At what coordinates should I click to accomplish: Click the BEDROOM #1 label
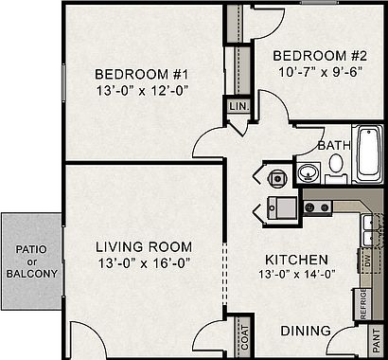tap(141, 75)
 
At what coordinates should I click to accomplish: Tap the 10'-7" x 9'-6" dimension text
tap(320, 72)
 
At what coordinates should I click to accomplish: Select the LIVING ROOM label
tap(144, 247)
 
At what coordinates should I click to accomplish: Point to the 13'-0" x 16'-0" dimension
tap(144, 263)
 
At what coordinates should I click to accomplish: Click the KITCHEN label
tap(296, 260)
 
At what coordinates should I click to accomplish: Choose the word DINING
tap(306, 331)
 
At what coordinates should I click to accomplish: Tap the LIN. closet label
tap(239, 106)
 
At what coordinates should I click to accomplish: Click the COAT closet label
tap(245, 337)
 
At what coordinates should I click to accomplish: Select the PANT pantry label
tap(377, 341)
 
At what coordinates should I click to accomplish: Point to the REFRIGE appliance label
tap(363, 304)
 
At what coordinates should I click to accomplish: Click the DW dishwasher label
tap(367, 261)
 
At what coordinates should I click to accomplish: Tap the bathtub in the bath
tap(368, 153)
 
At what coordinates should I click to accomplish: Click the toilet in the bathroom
tap(336, 168)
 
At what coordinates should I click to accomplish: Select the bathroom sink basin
tap(308, 173)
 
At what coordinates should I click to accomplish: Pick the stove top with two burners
tap(317, 207)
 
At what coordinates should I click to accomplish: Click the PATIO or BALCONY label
tap(32, 261)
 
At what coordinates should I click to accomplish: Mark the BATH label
tap(334, 146)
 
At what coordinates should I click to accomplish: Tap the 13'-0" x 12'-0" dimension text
tap(142, 91)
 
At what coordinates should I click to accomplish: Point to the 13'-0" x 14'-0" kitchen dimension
tap(296, 274)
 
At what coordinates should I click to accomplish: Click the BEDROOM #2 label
tap(320, 56)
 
